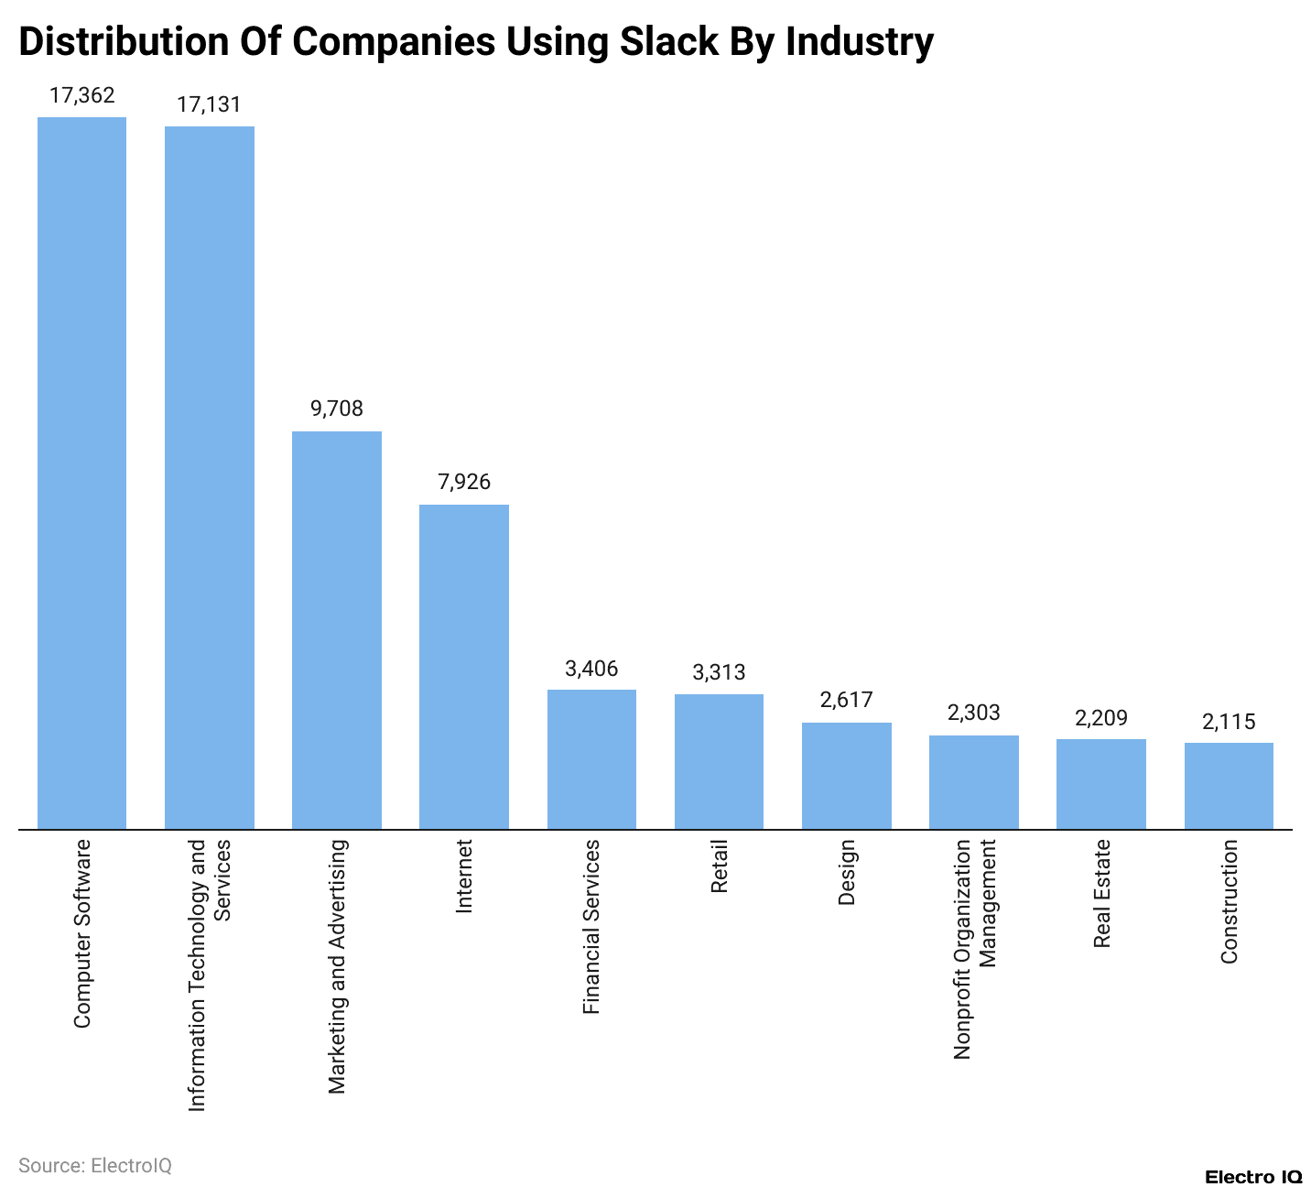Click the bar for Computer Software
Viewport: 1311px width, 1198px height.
(81, 474)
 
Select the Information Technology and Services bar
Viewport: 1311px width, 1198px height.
(209, 478)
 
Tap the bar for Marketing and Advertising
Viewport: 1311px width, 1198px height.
(336, 630)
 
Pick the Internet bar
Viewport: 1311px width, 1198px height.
(463, 667)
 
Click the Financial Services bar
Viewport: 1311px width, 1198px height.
(591, 759)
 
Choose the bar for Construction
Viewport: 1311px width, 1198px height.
(1229, 786)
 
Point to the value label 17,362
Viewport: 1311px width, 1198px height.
(81, 95)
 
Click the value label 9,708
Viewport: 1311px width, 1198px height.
(336, 409)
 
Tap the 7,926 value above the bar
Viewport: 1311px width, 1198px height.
(463, 483)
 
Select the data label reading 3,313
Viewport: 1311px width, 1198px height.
(719, 672)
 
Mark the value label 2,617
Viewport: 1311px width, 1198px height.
(846, 701)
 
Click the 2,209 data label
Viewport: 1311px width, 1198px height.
(1100, 717)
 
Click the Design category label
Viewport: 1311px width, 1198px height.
(846, 872)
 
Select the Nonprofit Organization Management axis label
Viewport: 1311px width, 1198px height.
(973, 949)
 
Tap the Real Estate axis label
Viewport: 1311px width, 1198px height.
(1101, 893)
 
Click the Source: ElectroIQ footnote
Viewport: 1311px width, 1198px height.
(95, 1166)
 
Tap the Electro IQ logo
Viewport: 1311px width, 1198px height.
(1252, 1178)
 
